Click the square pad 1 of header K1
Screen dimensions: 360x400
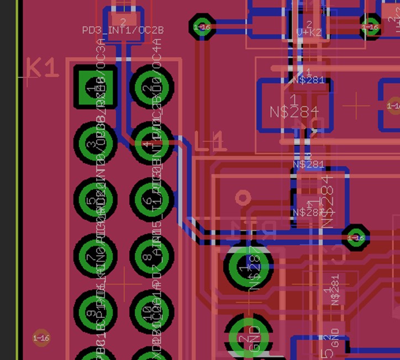96,87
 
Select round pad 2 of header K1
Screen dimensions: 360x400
151,87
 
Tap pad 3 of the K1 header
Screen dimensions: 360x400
95,144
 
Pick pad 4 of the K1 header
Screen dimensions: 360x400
151,144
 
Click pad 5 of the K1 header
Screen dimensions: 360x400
95,200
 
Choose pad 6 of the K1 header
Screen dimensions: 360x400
151,200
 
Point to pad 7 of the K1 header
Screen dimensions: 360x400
95,256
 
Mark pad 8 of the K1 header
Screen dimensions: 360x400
151,256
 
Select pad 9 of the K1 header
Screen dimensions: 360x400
95,313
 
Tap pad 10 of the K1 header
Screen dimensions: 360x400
151,313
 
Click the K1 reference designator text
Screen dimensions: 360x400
42,69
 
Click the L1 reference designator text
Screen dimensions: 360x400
210,142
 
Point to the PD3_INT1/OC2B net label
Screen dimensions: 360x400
122,30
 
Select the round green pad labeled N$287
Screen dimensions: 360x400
249,267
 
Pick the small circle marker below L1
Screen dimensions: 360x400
241,198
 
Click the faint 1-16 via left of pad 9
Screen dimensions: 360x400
41,338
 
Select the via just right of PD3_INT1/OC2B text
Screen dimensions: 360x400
202,27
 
